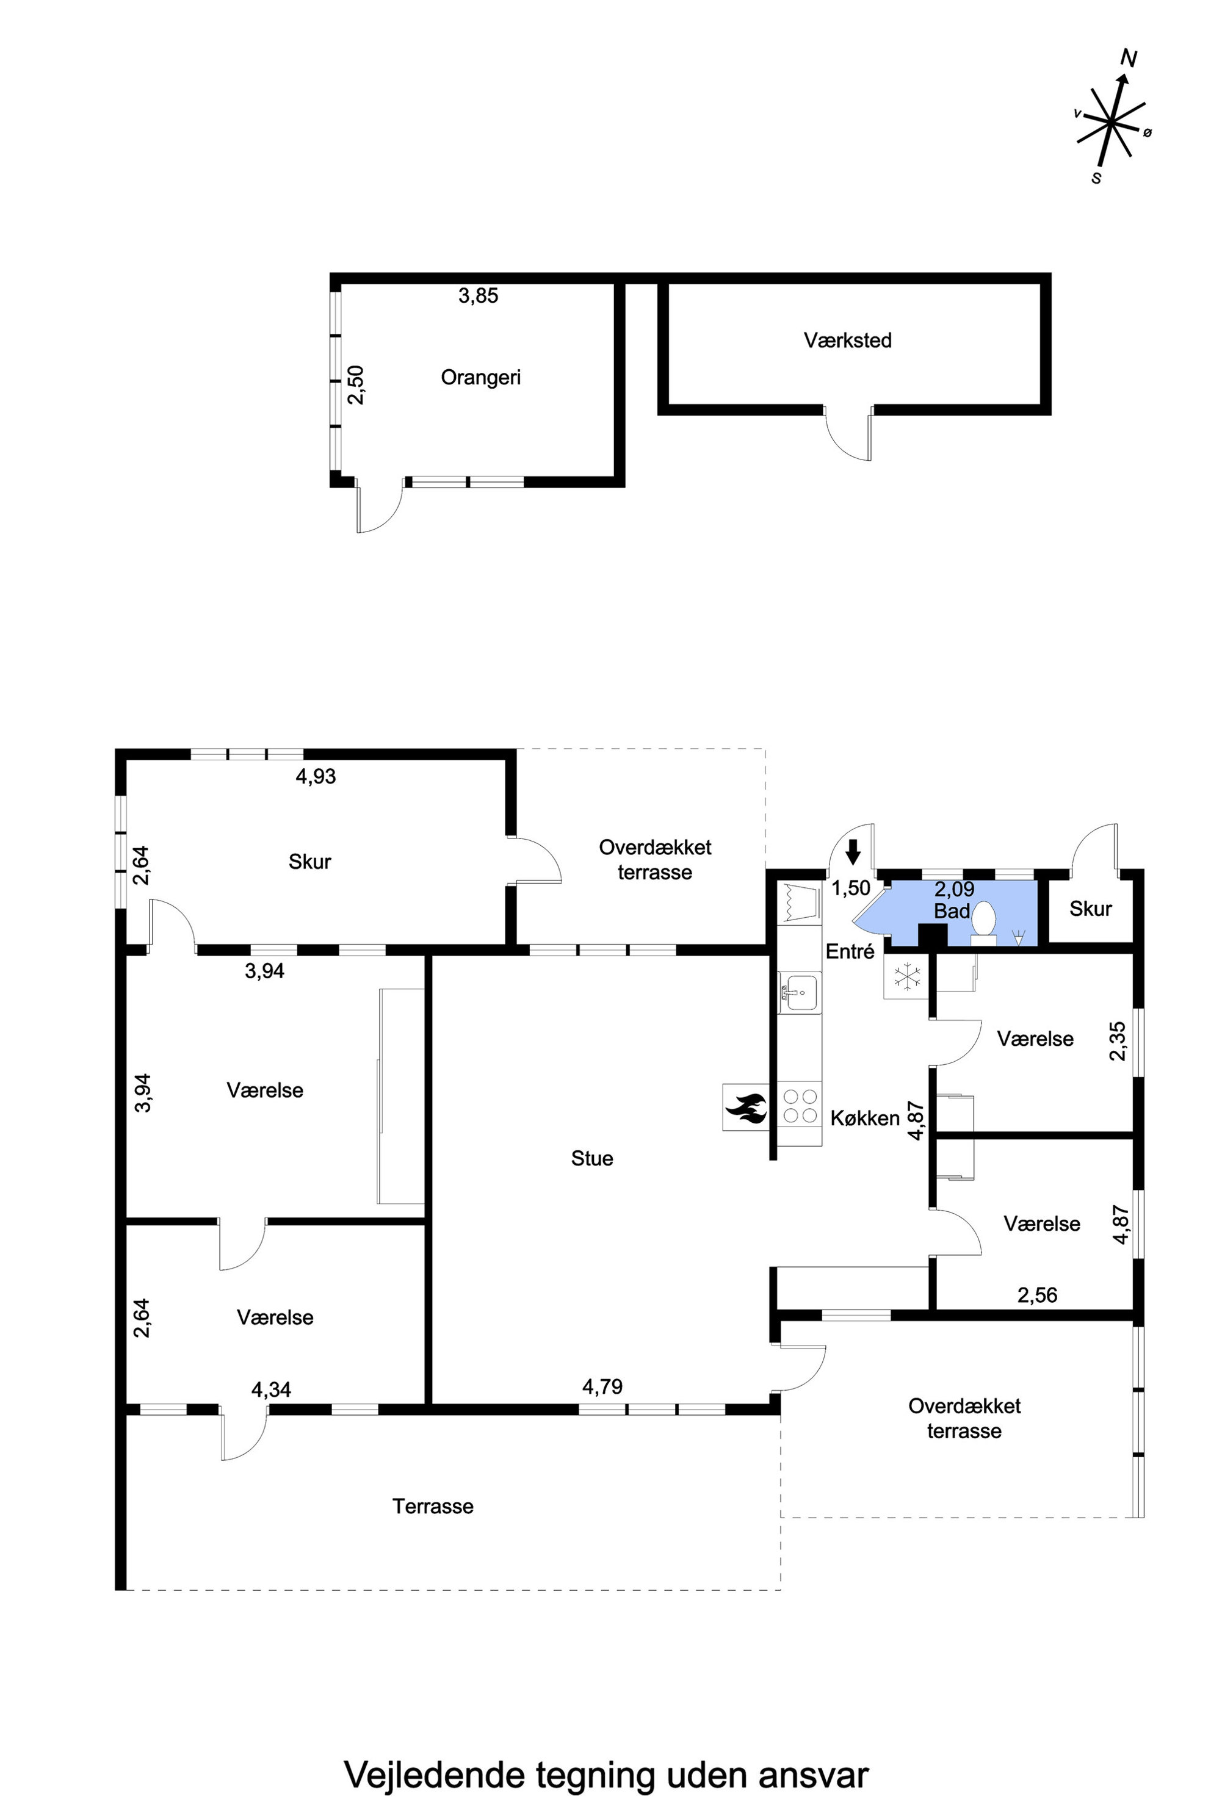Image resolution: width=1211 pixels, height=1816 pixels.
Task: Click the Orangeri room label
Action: point(480,378)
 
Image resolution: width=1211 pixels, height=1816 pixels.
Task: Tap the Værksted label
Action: point(847,340)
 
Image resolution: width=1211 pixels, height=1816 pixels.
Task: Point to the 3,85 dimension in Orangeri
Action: point(478,296)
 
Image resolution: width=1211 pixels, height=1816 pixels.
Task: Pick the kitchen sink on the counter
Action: point(798,993)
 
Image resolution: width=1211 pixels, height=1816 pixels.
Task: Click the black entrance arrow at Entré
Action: point(853,852)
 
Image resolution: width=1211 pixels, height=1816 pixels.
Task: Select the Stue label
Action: point(592,1158)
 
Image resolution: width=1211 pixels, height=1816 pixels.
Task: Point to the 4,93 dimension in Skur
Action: point(316,777)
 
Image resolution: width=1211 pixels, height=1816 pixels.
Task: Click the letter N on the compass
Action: point(1129,59)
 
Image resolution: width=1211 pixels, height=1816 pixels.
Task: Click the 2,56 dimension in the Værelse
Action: point(1037,1295)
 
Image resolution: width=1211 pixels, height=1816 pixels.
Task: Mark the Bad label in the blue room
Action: point(952,911)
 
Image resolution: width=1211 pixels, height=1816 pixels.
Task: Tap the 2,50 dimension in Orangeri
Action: point(356,384)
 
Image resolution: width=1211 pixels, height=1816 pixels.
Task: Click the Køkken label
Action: point(865,1118)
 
